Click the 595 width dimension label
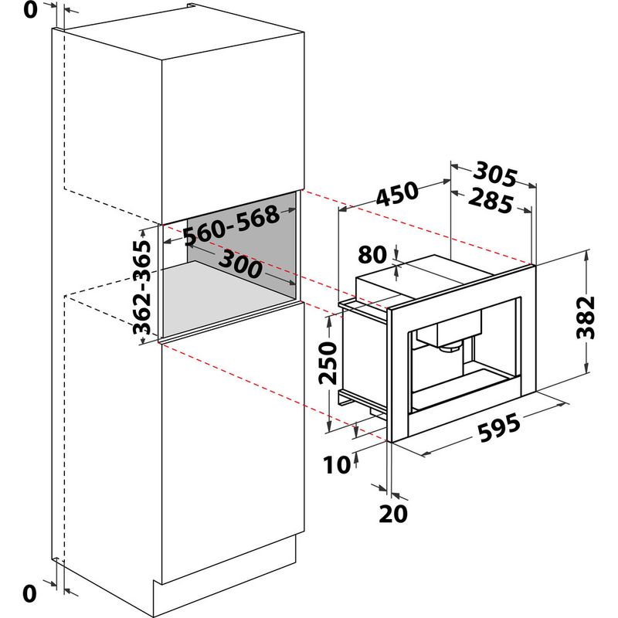[499, 427]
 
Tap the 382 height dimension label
[586, 317]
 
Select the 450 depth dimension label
[396, 194]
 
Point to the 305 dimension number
[495, 173]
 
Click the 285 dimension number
[491, 200]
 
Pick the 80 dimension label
[372, 255]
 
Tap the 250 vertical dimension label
[328, 363]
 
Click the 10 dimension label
[337, 464]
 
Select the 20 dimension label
[393, 514]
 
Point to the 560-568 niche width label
[232, 226]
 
